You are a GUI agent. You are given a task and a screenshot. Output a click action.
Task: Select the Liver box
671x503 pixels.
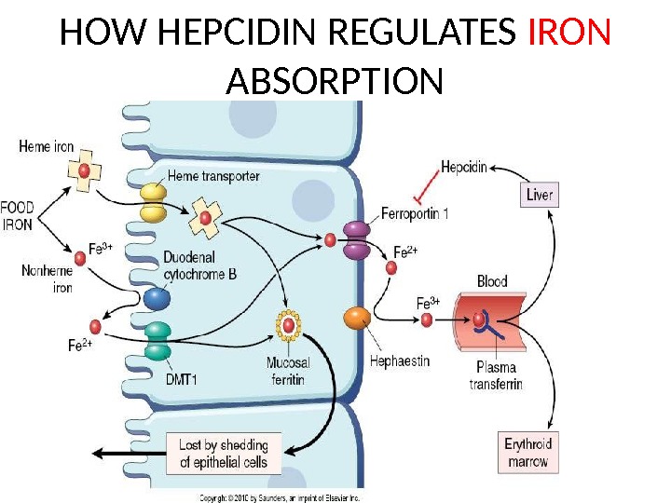(540, 195)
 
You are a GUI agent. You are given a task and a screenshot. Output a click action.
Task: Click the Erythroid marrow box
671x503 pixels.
(528, 452)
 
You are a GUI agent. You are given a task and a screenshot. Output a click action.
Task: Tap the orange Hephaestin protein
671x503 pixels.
(357, 319)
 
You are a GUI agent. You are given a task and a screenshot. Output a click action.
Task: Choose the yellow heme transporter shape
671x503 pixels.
(153, 202)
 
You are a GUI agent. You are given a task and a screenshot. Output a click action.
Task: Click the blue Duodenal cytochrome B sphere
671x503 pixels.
(157, 298)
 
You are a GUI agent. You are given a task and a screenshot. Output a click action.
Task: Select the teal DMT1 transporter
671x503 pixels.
(157, 340)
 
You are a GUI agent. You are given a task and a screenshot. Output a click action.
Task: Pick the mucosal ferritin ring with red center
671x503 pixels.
(290, 325)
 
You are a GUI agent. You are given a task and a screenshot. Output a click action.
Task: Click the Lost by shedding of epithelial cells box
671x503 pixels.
(223, 453)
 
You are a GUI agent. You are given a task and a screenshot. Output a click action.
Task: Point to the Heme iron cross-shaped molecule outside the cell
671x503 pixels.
(84, 171)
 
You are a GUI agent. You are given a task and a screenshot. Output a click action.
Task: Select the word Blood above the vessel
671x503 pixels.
(492, 280)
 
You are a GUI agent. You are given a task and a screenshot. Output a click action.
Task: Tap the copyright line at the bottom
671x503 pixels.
(280, 497)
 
